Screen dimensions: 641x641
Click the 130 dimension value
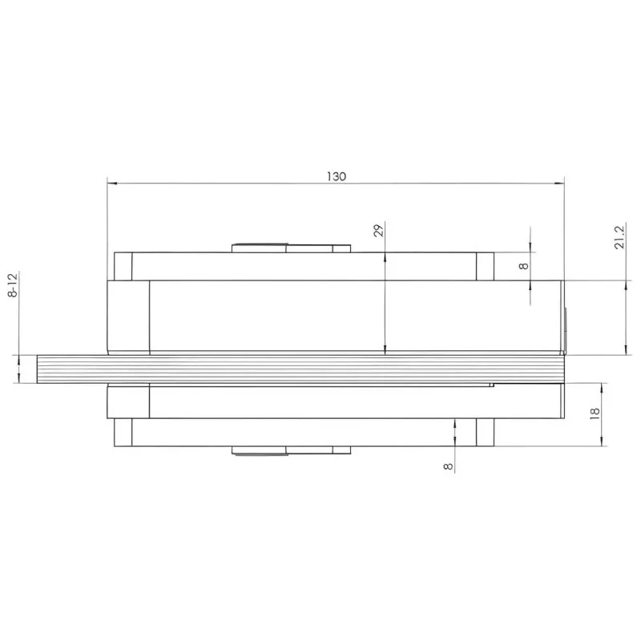point(336,176)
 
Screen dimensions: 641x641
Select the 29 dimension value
point(379,230)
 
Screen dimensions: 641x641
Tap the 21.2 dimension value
point(619,237)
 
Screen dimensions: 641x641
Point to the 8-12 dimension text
point(13,285)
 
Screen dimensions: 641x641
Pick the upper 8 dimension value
point(523,266)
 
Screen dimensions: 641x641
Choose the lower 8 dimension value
point(448,466)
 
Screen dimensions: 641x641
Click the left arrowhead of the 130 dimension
point(112,183)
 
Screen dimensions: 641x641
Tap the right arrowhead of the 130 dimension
point(558,183)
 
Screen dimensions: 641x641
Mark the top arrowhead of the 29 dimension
point(385,257)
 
